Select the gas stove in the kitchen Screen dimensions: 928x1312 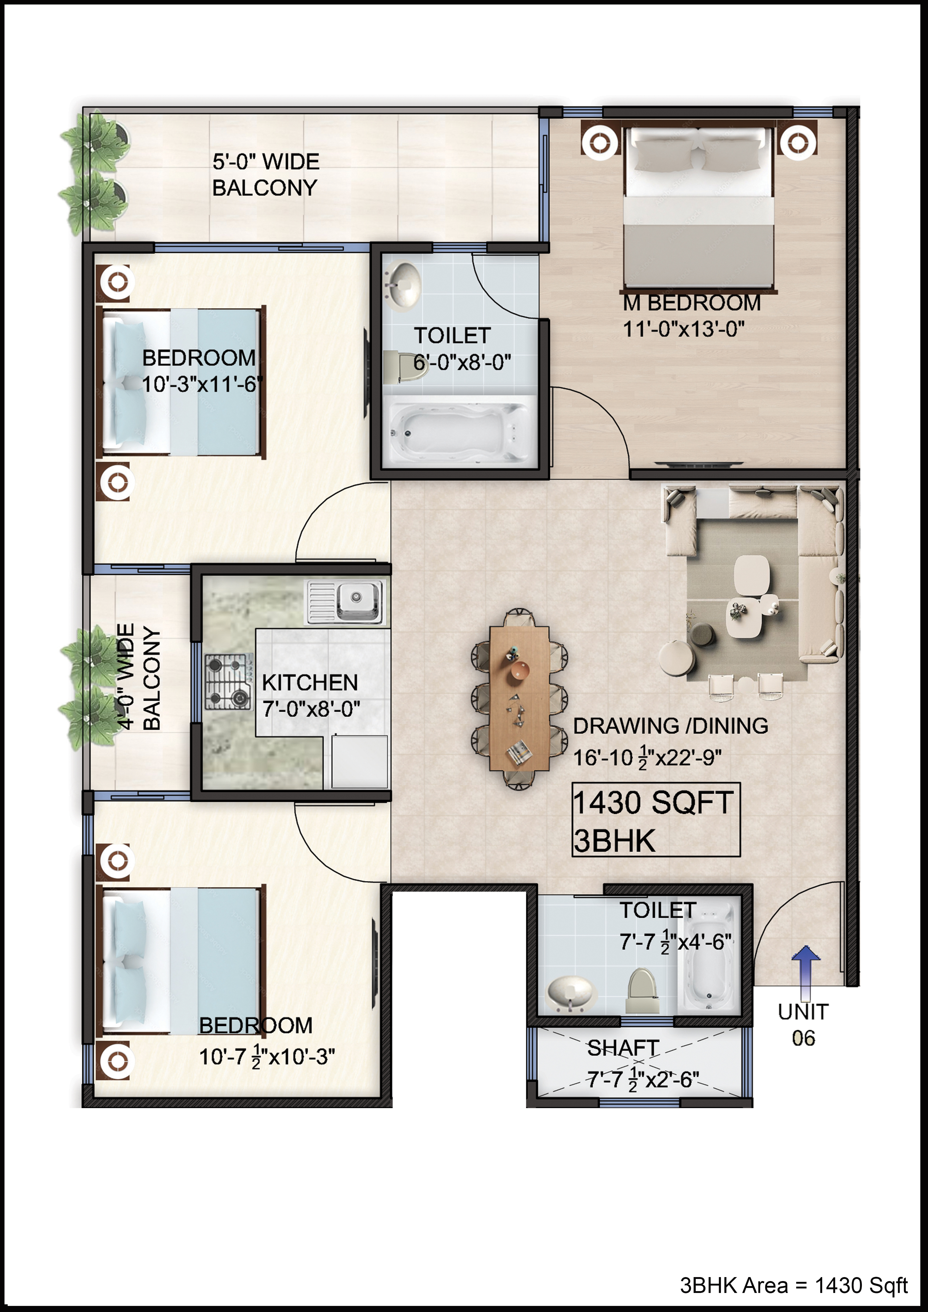tap(229, 682)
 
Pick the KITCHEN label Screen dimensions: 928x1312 tap(310, 682)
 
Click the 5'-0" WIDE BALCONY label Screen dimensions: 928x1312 tap(265, 174)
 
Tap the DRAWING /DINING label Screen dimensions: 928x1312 tap(670, 726)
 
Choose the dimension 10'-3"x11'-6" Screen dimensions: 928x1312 tap(202, 384)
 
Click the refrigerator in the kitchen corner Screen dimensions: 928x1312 tap(360, 761)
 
